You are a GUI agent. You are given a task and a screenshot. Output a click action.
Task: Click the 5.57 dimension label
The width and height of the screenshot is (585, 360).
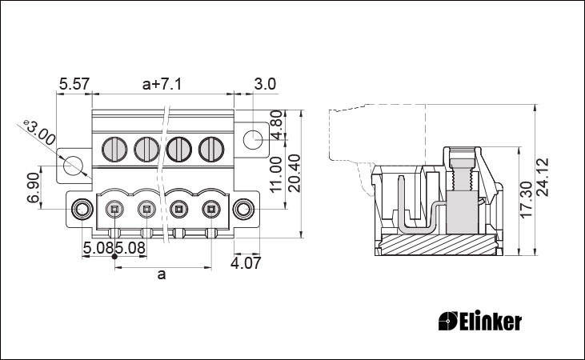(74, 84)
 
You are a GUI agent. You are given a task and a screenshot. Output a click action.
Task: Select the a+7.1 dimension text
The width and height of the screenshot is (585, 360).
(162, 84)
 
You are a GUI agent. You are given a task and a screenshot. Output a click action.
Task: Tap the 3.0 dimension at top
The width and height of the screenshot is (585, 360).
(265, 84)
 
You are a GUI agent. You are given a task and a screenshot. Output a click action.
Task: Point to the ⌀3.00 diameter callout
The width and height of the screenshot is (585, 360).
(38, 133)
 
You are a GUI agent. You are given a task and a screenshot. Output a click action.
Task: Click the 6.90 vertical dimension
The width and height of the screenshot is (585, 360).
(33, 187)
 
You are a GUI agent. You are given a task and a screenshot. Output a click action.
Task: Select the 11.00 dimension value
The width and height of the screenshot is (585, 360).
(276, 174)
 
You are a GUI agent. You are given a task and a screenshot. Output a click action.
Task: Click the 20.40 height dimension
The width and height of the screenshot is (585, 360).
(295, 173)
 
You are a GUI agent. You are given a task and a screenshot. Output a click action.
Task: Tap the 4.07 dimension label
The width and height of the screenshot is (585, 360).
(246, 263)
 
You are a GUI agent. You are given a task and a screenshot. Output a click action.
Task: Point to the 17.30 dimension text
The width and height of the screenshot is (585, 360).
(526, 199)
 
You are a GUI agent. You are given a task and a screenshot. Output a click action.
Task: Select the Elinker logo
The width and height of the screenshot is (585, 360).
(480, 322)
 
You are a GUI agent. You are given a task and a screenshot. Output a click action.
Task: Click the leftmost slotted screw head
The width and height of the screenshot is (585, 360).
(115, 150)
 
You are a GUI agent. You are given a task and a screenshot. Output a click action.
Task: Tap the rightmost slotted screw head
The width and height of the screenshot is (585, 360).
(211, 150)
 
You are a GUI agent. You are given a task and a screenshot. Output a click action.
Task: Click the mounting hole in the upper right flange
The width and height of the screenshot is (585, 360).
(253, 139)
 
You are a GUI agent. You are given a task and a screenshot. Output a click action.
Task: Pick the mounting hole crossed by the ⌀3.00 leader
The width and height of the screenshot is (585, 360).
(73, 166)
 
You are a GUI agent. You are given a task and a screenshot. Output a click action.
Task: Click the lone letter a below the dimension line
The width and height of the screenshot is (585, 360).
(161, 275)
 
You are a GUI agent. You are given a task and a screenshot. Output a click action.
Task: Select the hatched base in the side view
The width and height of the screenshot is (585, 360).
(439, 245)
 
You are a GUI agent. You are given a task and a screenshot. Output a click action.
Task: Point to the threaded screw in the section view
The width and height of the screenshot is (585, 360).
(463, 173)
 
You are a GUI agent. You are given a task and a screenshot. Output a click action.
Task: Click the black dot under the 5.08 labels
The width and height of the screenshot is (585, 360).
(114, 257)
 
